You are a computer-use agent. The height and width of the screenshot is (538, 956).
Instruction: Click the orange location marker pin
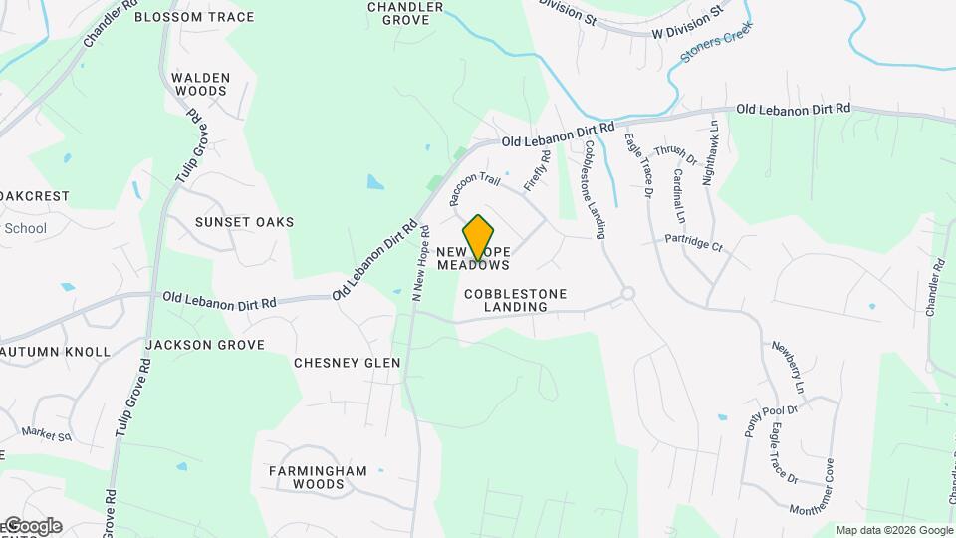tap(479, 237)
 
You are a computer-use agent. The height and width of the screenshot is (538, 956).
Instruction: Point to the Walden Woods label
tap(200, 84)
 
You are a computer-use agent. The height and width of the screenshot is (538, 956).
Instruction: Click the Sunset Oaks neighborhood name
tap(244, 222)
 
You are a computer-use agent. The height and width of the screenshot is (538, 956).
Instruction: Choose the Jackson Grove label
tap(205, 345)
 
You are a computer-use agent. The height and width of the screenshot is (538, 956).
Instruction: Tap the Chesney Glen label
tap(347, 363)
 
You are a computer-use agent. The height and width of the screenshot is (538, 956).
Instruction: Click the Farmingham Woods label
tap(318, 477)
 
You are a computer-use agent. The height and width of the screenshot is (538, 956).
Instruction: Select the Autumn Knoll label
tap(56, 352)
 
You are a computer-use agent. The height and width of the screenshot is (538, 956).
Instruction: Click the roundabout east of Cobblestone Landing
tap(627, 294)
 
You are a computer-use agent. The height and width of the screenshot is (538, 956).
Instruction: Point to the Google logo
tap(32, 526)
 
